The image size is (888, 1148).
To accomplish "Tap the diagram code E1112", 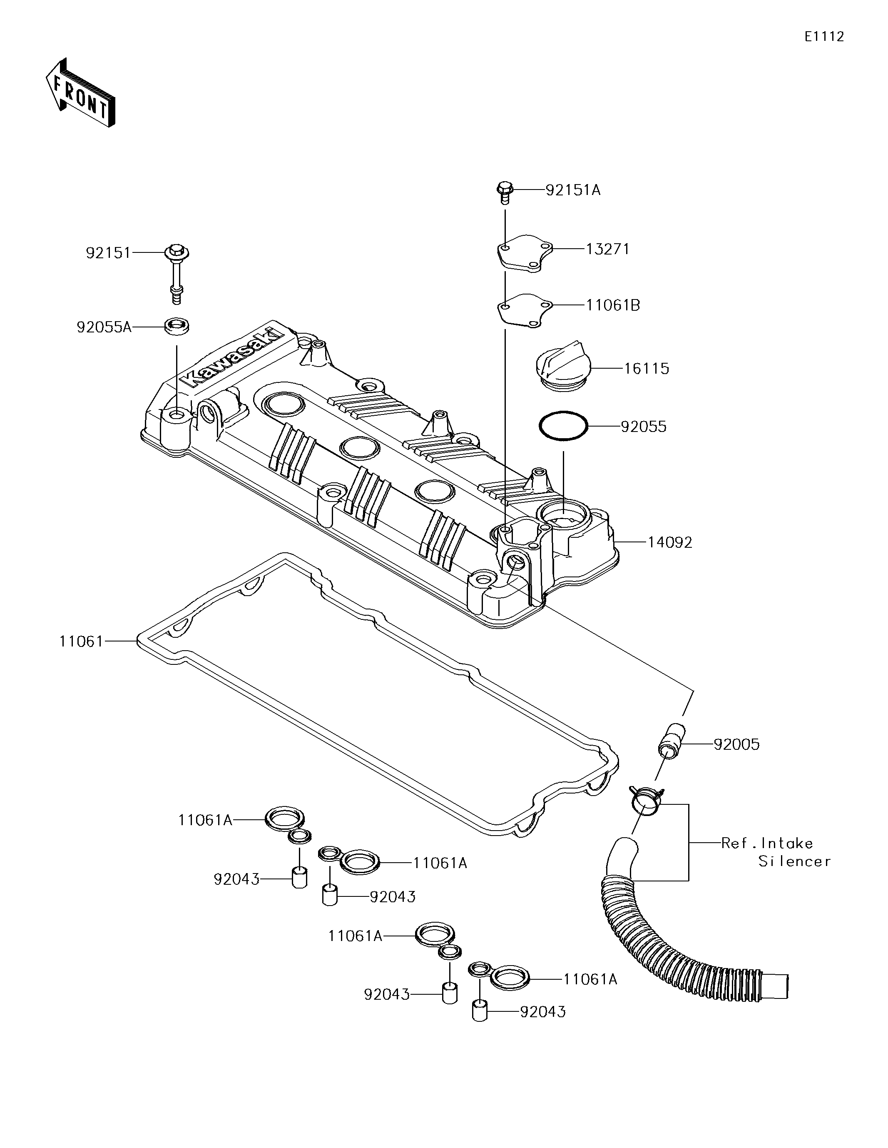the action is pos(824,37).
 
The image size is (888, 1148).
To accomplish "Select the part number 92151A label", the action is pos(573,190).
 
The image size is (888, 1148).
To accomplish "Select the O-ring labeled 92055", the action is pos(563,426).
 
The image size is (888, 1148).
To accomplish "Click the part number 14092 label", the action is pos(670,542).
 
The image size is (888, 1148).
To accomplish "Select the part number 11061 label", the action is pos(82,641).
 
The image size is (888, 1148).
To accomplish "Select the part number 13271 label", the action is pos(607,249).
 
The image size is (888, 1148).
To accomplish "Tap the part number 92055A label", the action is pos(104,327).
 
